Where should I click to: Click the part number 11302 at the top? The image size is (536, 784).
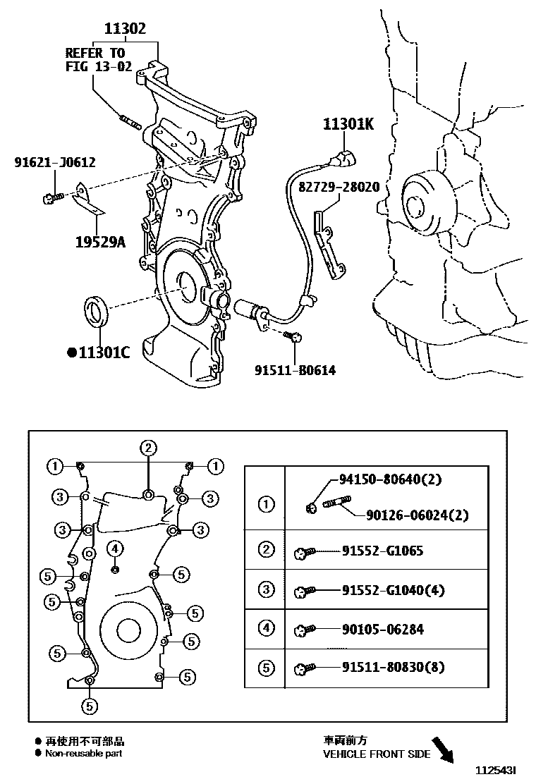(125, 29)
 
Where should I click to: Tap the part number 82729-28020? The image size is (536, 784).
(339, 188)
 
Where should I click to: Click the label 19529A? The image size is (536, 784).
(99, 243)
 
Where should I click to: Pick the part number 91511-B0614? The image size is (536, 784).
(295, 369)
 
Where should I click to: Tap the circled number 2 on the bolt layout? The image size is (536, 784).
(147, 447)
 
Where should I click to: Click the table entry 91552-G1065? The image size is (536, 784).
(382, 551)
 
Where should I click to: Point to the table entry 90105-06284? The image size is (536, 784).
(383, 630)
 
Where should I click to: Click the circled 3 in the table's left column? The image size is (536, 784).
(266, 590)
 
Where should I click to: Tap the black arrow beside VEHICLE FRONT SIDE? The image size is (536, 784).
(444, 749)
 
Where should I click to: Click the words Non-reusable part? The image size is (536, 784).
(83, 754)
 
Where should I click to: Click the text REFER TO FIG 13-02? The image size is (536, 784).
(95, 60)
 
